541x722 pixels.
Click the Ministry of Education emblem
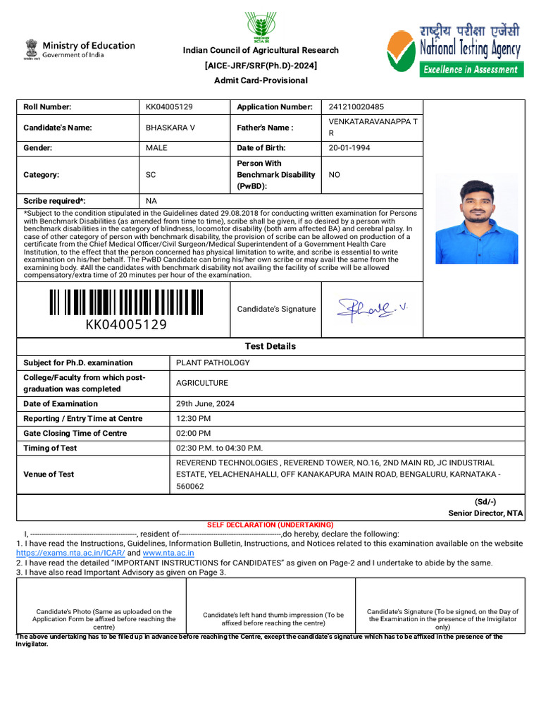tap(31, 49)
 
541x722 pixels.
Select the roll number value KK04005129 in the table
tap(169, 107)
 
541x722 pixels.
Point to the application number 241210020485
tap(356, 107)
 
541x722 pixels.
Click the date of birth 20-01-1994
tap(349, 148)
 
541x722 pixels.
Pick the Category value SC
tap(151, 174)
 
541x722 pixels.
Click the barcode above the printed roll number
tap(126, 302)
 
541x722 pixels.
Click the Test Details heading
tap(270, 346)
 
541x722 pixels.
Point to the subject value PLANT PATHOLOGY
tap(213, 363)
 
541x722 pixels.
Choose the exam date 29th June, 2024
tap(205, 404)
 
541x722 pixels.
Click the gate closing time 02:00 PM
tap(193, 434)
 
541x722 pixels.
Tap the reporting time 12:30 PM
tap(194, 419)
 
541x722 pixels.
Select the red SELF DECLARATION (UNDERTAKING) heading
tap(270, 525)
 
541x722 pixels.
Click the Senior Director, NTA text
tap(485, 513)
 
